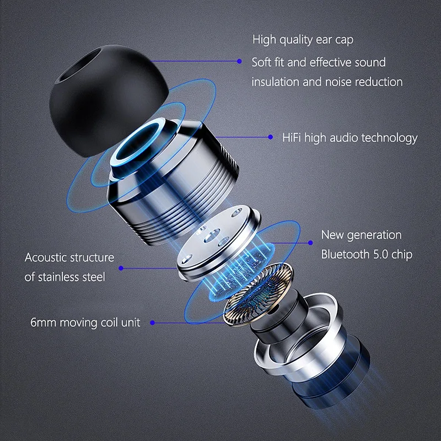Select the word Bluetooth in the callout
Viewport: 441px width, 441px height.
(x=348, y=255)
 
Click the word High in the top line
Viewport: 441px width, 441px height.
(x=264, y=40)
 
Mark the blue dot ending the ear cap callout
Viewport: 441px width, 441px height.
(x=240, y=61)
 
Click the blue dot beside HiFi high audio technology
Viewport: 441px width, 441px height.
(x=270, y=137)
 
